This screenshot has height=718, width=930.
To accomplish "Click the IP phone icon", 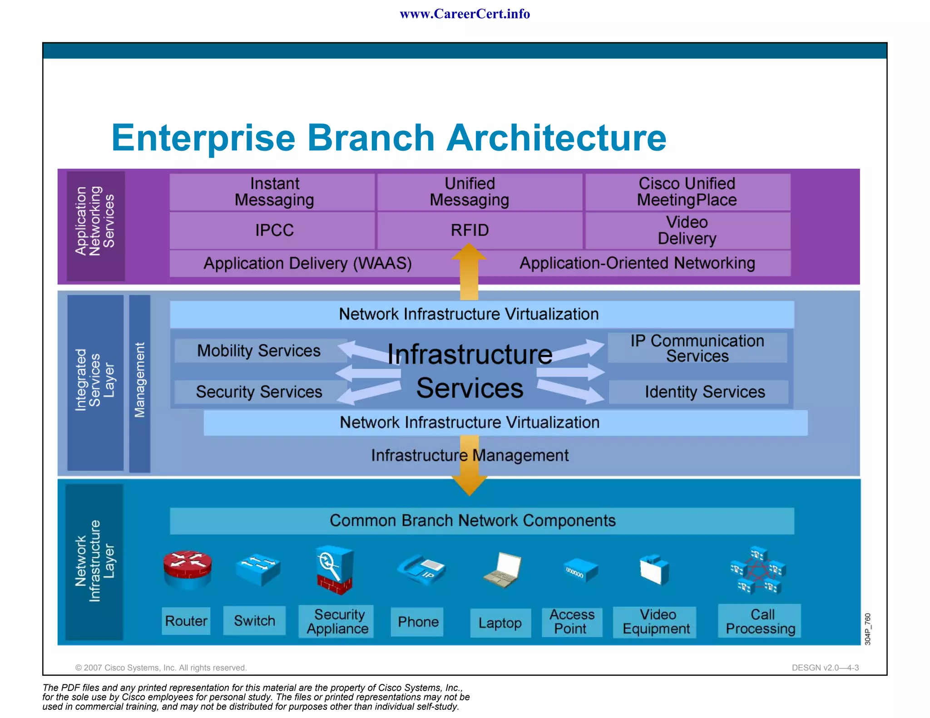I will pyautogui.click(x=421, y=569).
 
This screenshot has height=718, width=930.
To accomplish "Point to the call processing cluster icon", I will pyautogui.click(x=758, y=571).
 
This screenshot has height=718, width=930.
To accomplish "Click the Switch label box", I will pyautogui.click(x=254, y=621).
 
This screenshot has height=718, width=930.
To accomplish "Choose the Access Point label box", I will pyautogui.click(x=572, y=622).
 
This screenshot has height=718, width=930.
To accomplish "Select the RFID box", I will pyautogui.click(x=470, y=230).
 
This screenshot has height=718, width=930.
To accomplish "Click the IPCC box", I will pyautogui.click(x=274, y=230).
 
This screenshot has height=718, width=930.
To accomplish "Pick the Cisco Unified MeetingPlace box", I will pyautogui.click(x=687, y=192).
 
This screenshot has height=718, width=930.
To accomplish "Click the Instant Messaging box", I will pyautogui.click(x=274, y=192).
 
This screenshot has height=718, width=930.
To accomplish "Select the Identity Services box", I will pyautogui.click(x=704, y=392).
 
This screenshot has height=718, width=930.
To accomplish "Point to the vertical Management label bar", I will pyautogui.click(x=139, y=384).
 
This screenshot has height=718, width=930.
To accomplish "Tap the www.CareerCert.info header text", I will pyautogui.click(x=465, y=14).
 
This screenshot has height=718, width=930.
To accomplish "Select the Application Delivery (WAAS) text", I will pyautogui.click(x=307, y=263).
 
